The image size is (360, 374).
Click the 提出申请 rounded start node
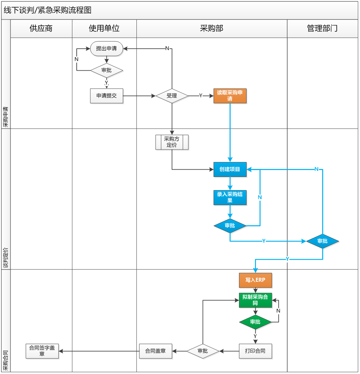click(107, 49)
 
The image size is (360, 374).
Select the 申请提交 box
click(107, 96)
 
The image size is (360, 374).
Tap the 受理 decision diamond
click(172, 96)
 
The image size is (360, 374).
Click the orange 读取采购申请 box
click(230, 96)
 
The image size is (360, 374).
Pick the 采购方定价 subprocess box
click(172, 142)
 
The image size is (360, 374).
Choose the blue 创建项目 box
click(230, 169)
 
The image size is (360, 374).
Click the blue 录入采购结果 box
click(230, 197)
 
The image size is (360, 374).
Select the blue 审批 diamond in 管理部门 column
click(322, 241)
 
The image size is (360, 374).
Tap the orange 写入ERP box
click(255, 280)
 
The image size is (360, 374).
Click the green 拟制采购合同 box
click(255, 300)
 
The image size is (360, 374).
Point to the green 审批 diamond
click(255, 322)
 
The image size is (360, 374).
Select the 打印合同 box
click(255, 351)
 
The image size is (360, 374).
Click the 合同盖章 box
click(156, 351)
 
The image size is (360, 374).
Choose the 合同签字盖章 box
click(42, 351)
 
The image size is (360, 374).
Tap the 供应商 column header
click(41, 28)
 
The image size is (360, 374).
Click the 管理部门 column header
click(322, 28)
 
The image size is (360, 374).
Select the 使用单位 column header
click(104, 28)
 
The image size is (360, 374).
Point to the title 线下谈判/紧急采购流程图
click(48, 10)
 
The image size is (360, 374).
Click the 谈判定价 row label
click(6, 258)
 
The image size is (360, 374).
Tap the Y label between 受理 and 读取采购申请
click(201, 95)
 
